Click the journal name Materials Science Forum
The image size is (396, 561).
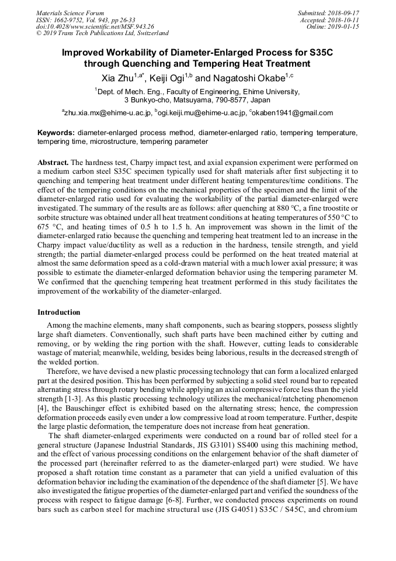pos(70,12)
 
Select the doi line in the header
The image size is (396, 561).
pos(95,26)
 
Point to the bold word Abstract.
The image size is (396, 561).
pos(53,161)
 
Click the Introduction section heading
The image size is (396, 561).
pos(59,312)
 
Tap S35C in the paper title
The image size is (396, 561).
pos(317,52)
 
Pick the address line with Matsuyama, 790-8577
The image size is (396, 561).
pos(197,99)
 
